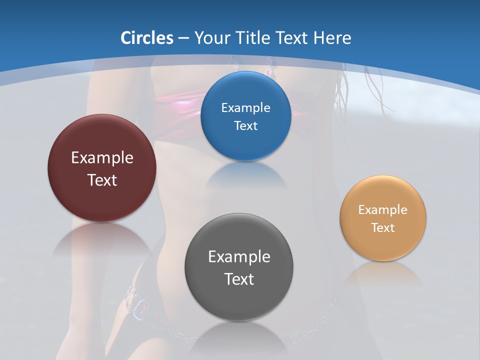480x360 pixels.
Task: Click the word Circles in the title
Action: click(x=147, y=38)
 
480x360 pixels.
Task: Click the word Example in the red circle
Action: click(x=102, y=158)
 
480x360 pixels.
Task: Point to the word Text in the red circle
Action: click(x=102, y=180)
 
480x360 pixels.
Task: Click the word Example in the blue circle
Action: click(x=246, y=108)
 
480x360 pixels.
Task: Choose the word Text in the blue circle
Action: click(x=246, y=126)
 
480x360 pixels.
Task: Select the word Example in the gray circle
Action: click(x=239, y=257)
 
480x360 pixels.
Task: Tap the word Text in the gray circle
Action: click(x=239, y=279)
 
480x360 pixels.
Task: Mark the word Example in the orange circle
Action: click(x=383, y=210)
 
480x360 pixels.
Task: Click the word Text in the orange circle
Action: click(x=383, y=228)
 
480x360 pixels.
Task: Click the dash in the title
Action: click(x=183, y=38)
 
